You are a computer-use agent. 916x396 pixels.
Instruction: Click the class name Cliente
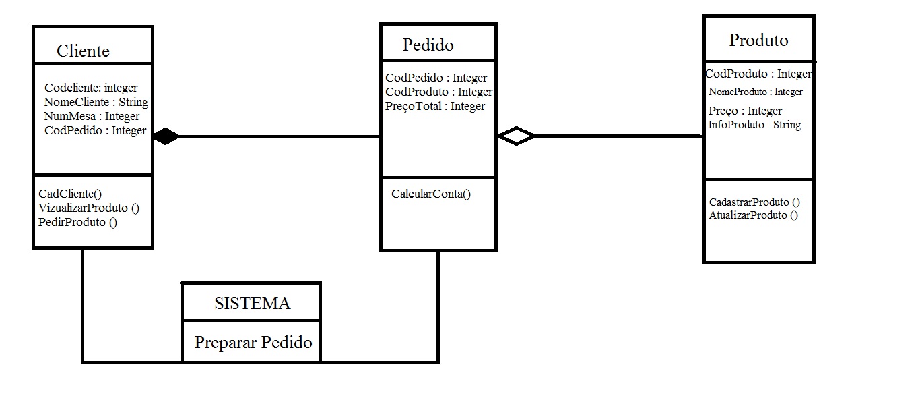83,51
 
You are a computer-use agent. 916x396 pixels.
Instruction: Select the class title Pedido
428,45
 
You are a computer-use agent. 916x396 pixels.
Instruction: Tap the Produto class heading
758,40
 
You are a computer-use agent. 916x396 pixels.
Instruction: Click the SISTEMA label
252,304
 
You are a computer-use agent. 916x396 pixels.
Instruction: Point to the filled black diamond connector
166,137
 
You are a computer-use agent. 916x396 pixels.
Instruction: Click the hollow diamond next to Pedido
516,136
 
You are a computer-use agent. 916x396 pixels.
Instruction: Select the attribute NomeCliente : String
96,103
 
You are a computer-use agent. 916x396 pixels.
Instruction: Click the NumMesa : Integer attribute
92,117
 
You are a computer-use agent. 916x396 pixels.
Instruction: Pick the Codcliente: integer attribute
91,88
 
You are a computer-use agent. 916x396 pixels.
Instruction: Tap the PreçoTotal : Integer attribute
435,106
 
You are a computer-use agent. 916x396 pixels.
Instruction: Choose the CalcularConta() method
431,194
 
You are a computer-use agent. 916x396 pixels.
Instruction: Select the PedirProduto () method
78,222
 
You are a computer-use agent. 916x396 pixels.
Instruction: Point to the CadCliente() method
70,194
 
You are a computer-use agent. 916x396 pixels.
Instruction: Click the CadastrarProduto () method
754,202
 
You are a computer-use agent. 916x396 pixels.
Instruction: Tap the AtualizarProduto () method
753,215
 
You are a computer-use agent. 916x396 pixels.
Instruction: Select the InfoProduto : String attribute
754,125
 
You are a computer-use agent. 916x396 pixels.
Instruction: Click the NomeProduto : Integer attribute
755,92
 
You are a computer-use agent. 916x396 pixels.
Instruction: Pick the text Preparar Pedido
253,343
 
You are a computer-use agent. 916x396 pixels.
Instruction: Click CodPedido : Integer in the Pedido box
436,78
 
